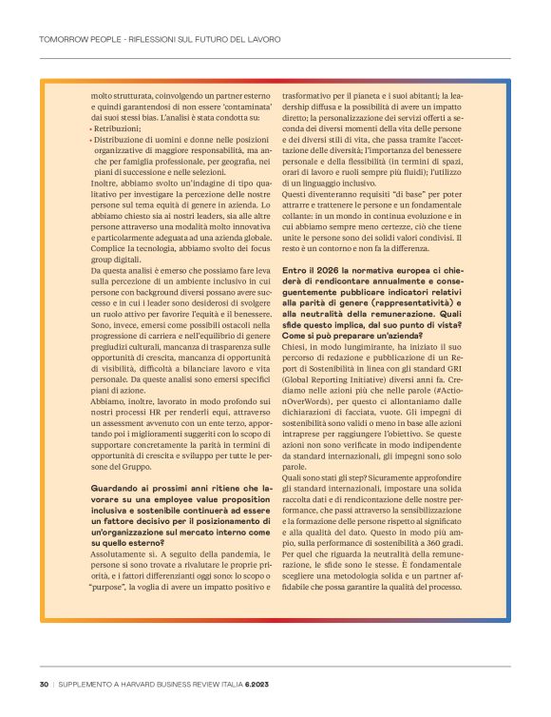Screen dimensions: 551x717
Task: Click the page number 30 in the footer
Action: (x=45, y=684)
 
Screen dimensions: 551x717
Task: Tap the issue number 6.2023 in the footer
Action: (x=256, y=684)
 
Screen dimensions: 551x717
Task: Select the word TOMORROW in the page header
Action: (x=62, y=41)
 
